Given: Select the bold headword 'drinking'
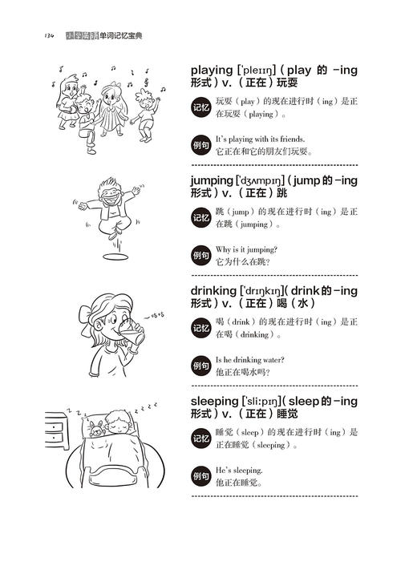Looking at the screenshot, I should [213, 290].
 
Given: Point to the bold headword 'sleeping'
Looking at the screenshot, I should [214, 400].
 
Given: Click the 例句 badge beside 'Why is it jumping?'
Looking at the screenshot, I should [200, 256].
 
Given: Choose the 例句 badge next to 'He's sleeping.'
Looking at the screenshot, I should [200, 476].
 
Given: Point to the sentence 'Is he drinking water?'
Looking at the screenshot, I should [250, 359].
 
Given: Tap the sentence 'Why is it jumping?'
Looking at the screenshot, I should [246, 249].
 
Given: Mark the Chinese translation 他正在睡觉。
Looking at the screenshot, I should [240, 483].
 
